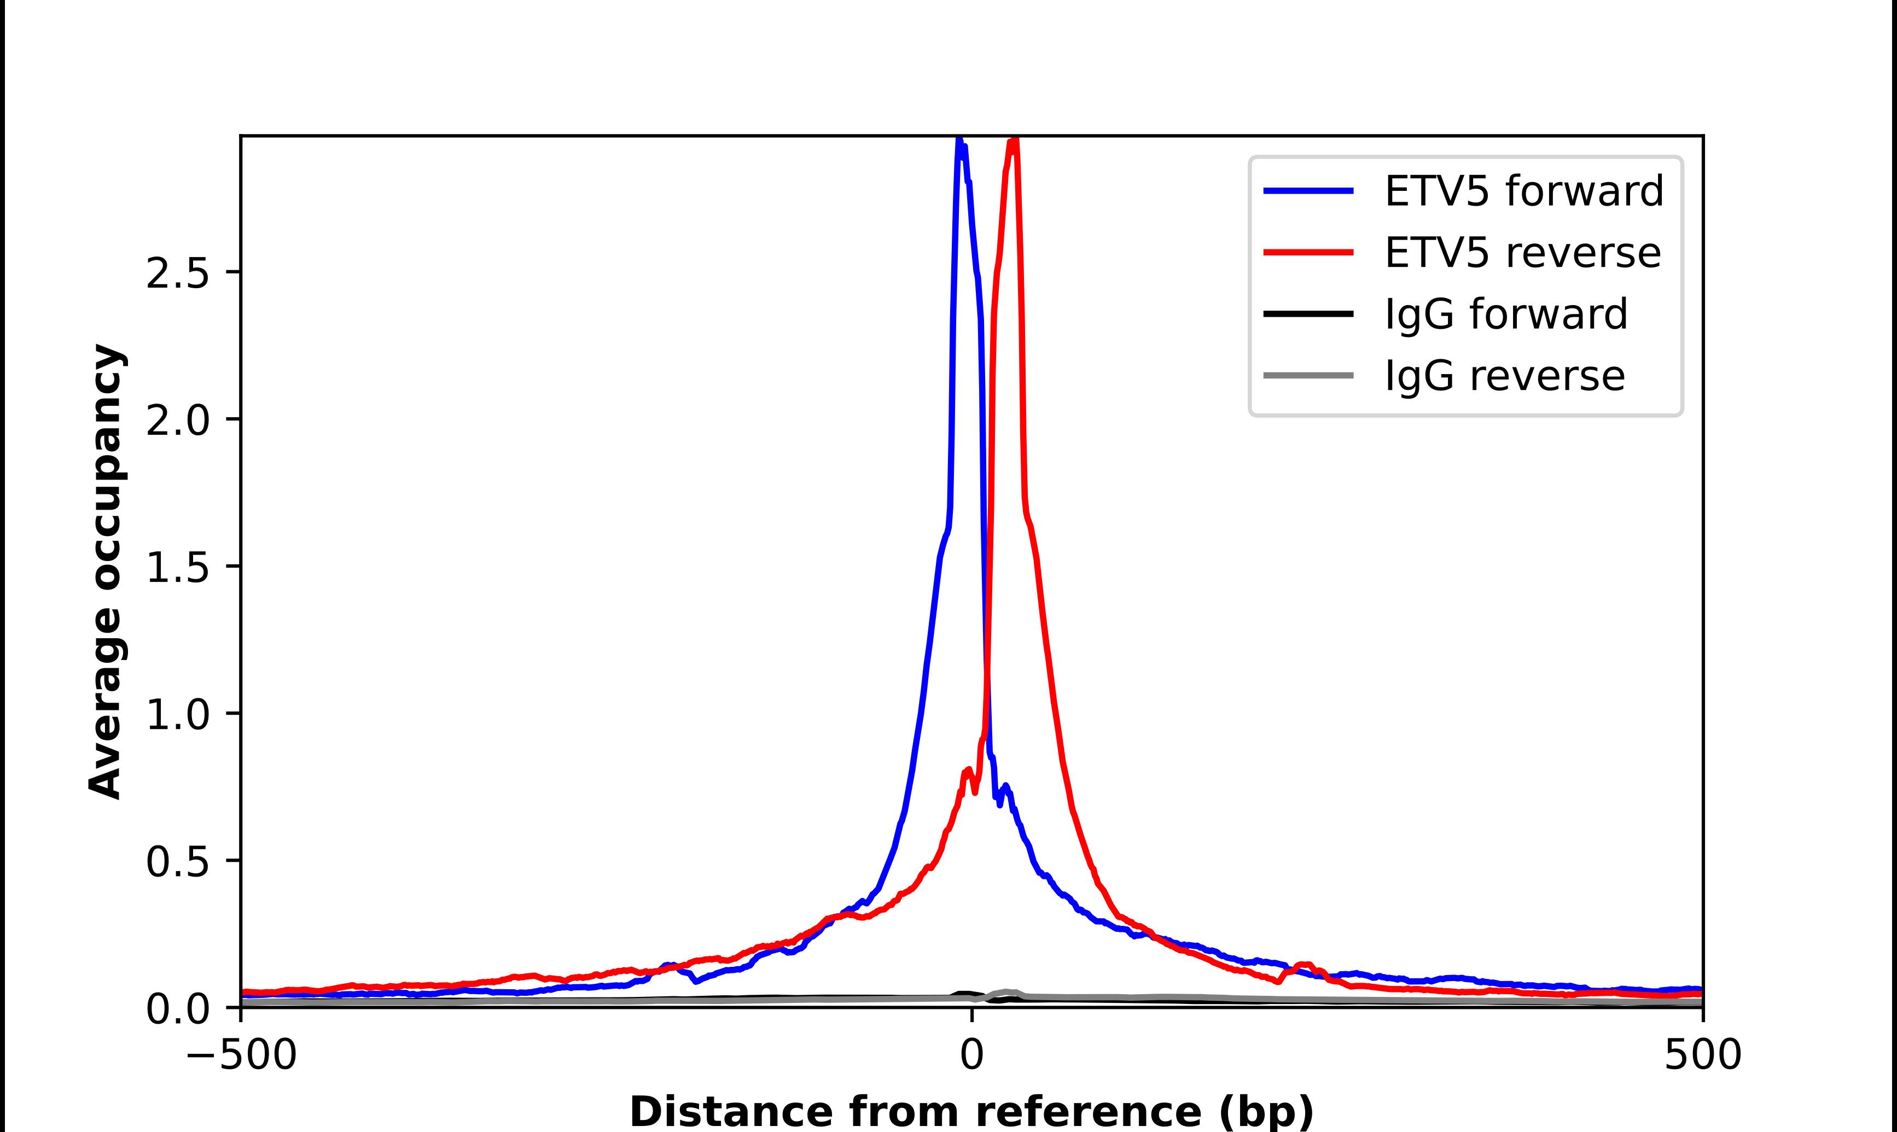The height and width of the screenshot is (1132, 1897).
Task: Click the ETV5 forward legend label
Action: [1523, 191]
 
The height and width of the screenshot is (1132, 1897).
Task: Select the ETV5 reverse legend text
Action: [1522, 253]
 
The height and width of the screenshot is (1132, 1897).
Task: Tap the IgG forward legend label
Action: [1506, 314]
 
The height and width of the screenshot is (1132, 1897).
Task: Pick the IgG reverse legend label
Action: [1504, 376]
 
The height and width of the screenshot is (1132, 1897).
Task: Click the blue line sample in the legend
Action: [1308, 191]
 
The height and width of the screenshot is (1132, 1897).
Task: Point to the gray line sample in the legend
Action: [1308, 375]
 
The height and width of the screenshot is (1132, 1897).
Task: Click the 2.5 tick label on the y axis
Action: [177, 272]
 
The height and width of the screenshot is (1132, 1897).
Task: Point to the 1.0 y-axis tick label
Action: [177, 714]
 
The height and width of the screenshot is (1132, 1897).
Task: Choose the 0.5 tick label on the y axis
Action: [177, 861]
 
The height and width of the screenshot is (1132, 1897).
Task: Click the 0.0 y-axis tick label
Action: [177, 1008]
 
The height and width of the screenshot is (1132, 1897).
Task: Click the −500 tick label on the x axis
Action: [241, 1055]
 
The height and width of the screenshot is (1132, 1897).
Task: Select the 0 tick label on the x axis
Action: [971, 1055]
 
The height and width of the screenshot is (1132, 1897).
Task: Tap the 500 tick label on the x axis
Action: [1702, 1055]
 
